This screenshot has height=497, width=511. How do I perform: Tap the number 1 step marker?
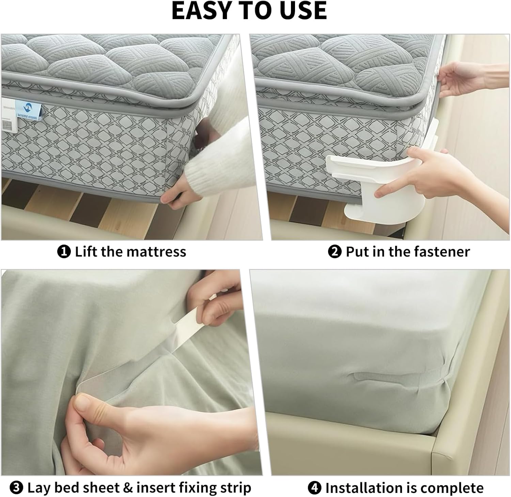[x=64, y=252]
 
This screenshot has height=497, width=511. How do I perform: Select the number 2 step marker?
[x=335, y=252]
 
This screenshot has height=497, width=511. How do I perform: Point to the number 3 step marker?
[x=16, y=488]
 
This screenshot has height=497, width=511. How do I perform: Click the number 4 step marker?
[x=314, y=488]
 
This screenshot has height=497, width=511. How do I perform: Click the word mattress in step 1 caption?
[x=156, y=252]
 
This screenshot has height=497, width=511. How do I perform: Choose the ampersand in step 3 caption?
[x=128, y=488]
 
